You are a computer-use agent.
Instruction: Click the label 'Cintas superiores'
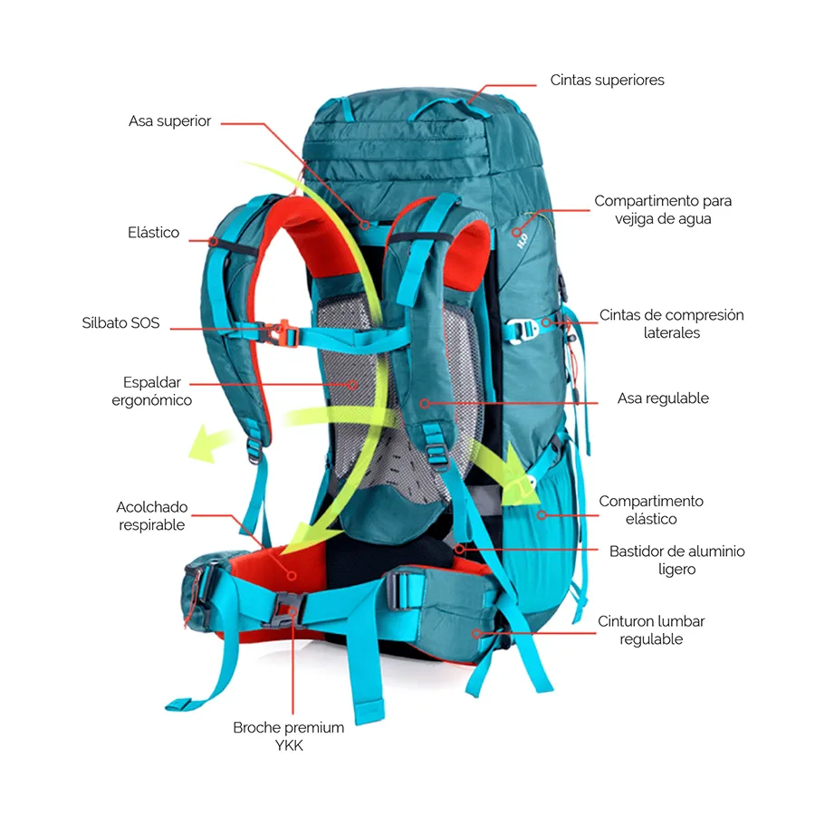pos(607,81)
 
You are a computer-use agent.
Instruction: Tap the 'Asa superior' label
pos(169,121)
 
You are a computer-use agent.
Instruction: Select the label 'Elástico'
pos(153,234)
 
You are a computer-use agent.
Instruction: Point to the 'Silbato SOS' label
pos(120,323)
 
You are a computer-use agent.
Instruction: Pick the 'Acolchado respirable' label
pos(151,516)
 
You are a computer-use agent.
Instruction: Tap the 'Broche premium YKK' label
pos(288,736)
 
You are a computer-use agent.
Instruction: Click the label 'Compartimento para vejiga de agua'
pos(663,210)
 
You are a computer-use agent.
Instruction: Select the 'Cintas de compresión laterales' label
pos(671,324)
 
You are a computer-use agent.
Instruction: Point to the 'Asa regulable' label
pos(663,398)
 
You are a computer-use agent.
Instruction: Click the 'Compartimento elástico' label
pos(650,510)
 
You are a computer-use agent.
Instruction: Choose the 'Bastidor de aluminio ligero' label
pos(676,560)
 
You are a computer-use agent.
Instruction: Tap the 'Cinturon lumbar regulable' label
pos(650,630)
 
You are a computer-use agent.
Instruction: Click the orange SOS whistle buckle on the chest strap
pos(283,331)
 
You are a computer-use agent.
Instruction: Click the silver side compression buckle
pos(523,328)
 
